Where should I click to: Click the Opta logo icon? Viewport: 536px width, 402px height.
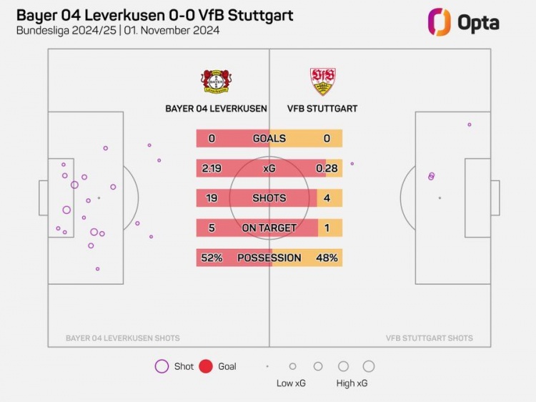coord(439,21)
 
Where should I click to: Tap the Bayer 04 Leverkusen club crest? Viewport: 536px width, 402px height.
coord(216,82)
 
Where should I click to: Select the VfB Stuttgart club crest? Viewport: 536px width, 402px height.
coord(322,82)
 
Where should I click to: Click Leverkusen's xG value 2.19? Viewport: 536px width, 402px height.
coord(212,168)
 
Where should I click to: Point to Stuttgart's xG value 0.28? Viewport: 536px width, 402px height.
coord(327,168)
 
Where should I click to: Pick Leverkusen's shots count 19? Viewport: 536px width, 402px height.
coord(212,198)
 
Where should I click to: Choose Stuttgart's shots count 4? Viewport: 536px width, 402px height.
coord(327,198)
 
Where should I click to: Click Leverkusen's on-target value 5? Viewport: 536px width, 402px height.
coord(212,228)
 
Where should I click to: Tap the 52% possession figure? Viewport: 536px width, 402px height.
coord(212,258)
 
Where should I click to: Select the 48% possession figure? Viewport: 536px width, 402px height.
coord(327,258)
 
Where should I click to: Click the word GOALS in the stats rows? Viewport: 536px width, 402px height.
coord(269,139)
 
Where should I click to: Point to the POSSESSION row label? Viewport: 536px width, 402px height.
coord(269,258)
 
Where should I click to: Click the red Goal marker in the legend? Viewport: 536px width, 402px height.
coord(206,366)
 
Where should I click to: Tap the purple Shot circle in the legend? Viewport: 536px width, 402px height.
coord(162,366)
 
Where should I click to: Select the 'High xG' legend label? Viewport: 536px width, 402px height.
coord(352,383)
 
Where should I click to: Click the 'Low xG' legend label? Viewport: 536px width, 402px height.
coord(292,383)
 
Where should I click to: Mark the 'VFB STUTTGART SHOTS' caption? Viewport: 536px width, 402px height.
coord(429,338)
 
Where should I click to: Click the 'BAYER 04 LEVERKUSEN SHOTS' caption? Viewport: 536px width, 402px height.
coord(123,338)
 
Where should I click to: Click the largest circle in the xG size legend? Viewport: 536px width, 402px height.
coord(369,366)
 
